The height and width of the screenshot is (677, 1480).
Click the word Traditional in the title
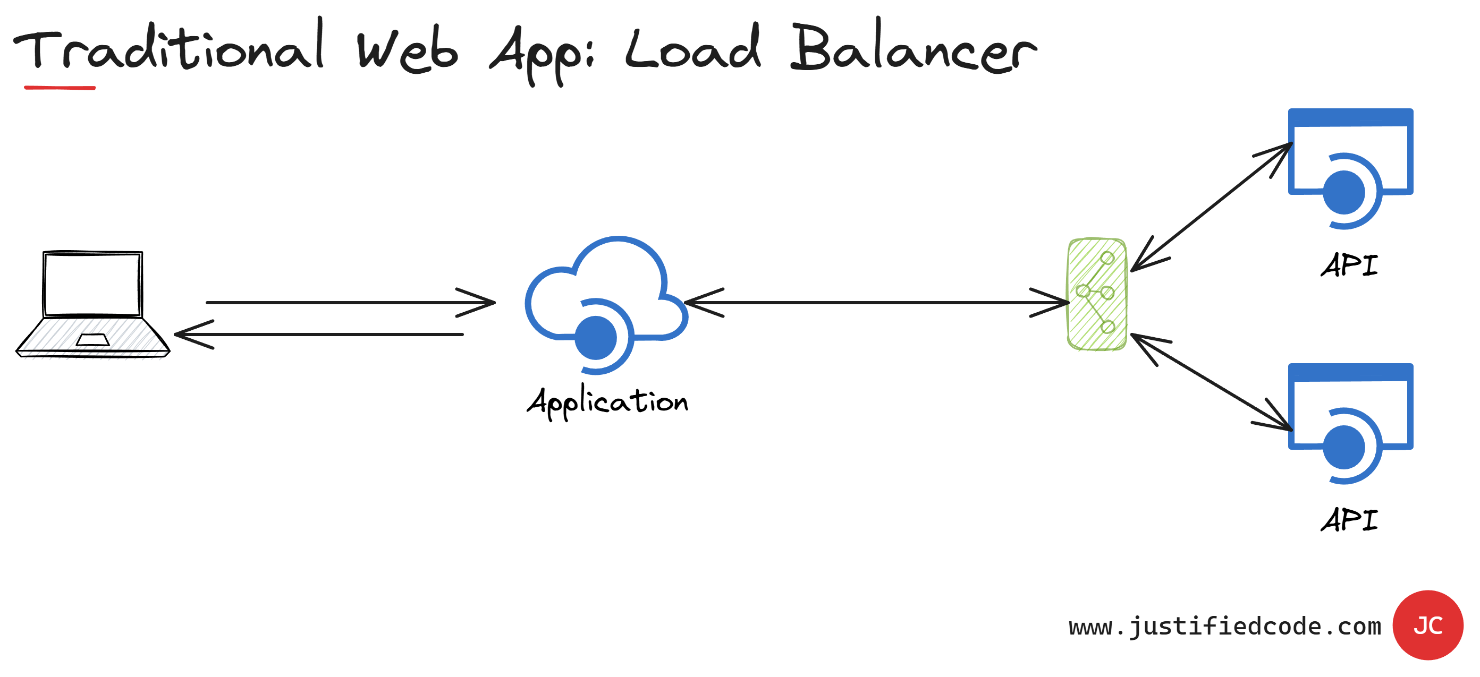point(170,49)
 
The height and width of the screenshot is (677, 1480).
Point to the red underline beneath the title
point(60,88)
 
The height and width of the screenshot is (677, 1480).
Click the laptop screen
point(92,284)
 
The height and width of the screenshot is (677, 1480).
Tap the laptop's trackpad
point(92,340)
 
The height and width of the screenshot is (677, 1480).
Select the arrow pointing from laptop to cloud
point(350,302)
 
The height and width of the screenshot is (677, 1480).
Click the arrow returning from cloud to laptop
point(319,334)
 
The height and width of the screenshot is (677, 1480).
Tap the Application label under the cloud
point(607,402)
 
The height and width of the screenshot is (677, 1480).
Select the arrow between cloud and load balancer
point(876,302)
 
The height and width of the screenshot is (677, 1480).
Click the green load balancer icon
point(1097,294)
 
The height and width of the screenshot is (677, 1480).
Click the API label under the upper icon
point(1349,265)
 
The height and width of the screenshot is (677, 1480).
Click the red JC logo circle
point(1428,625)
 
